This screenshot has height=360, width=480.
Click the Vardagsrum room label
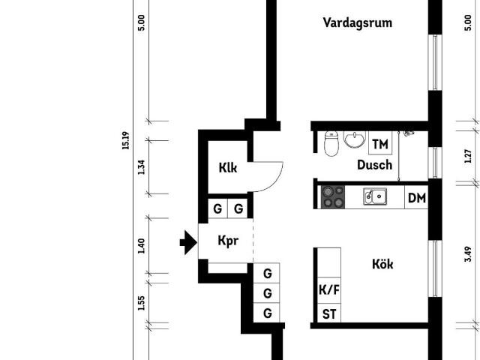[358, 23]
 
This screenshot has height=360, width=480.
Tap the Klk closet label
[228, 168]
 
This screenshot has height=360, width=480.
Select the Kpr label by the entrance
[228, 241]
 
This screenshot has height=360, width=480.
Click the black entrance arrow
[188, 242]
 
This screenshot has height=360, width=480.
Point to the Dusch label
[375, 165]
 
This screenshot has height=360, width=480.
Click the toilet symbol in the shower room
[331, 143]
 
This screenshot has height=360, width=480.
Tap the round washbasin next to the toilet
[355, 139]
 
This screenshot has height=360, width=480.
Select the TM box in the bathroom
[380, 143]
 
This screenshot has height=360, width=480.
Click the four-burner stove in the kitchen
[333, 197]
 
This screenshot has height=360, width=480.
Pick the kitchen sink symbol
[375, 196]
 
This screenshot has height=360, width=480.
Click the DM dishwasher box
[417, 197]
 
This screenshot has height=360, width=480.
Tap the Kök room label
[382, 264]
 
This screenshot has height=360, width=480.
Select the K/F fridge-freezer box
[329, 290]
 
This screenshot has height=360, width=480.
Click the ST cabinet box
[329, 313]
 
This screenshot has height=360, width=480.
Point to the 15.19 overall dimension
[125, 140]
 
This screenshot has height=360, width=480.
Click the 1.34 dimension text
[141, 166]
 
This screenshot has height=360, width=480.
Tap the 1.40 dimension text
[141, 246]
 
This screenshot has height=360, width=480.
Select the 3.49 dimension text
[468, 254]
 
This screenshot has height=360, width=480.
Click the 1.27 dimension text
[468, 156]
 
